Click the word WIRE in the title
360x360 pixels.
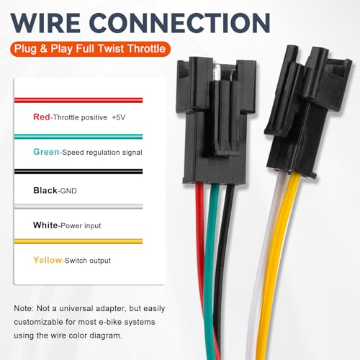click(45, 23)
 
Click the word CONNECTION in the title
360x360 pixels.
click(180, 23)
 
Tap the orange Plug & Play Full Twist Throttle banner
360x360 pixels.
click(90, 49)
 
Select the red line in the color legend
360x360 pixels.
click(78, 100)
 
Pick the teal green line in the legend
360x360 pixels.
click(78, 137)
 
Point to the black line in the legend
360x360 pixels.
click(78, 171)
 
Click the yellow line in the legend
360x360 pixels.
click(78, 241)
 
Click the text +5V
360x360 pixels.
click(119, 117)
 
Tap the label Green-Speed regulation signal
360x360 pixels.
click(88, 152)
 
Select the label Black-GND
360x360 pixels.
click(55, 191)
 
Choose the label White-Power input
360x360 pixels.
click(67, 225)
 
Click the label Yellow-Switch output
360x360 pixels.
click(72, 260)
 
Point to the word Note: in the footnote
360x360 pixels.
click(24, 308)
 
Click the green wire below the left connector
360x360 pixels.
click(210, 264)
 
